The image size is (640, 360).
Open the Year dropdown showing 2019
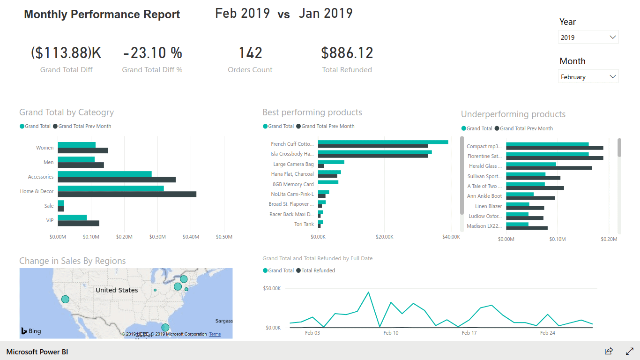[x=588, y=37]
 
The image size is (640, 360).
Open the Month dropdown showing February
[x=588, y=77]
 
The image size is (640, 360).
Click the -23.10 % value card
[x=152, y=53]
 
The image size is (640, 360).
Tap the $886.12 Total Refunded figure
[x=347, y=53]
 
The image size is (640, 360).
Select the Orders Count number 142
[x=250, y=53]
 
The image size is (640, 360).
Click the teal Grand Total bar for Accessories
[x=104, y=174]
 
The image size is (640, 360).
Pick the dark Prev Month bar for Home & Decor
[x=127, y=194]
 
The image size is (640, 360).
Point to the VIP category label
[x=50, y=220]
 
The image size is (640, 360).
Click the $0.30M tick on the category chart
[x=157, y=237]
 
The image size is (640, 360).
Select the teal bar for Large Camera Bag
[x=331, y=162]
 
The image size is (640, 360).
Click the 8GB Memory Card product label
[x=293, y=184]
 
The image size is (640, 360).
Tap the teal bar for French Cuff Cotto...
[x=383, y=142]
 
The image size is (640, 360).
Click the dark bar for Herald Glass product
[x=549, y=168]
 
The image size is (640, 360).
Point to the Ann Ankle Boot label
[x=484, y=196]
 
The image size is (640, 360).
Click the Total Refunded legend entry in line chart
[x=318, y=270]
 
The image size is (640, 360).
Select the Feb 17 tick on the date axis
[x=469, y=333]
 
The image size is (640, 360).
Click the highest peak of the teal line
[x=368, y=292]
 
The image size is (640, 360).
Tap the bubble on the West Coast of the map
[x=65, y=299]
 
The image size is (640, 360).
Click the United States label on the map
[x=117, y=290]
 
